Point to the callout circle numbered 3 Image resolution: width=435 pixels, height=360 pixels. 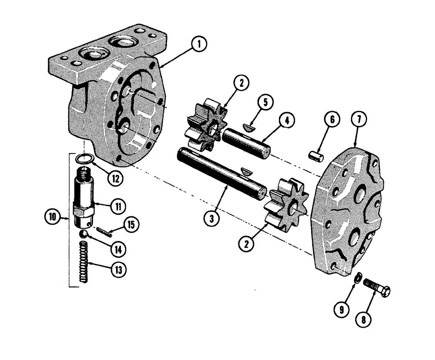pos(212,219)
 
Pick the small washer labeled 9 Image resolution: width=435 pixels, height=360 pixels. pos(357,278)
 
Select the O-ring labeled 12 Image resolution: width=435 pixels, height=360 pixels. pos(85,159)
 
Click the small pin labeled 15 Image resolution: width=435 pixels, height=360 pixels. pos(106,231)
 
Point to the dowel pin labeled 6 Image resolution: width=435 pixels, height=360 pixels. pos(315,154)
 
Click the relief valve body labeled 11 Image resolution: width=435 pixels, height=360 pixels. pos(85,198)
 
